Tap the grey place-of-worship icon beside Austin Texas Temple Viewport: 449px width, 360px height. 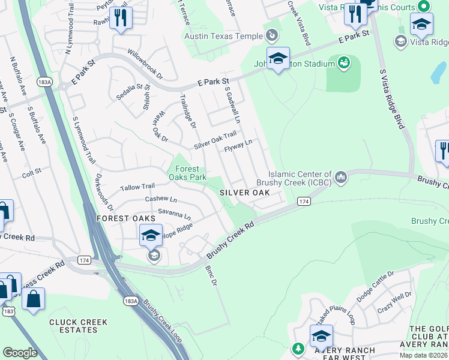coord(272,36)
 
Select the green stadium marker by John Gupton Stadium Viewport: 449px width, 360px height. coord(344,62)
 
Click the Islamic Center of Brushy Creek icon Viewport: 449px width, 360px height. coord(341,176)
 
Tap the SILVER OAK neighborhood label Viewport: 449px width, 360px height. coord(244,193)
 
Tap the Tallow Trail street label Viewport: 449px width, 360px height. coord(137,187)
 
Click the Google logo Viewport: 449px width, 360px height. coord(20,352)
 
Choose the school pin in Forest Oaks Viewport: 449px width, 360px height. coord(151,235)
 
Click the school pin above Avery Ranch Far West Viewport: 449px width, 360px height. coord(321,335)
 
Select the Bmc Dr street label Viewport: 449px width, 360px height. coord(209,276)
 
